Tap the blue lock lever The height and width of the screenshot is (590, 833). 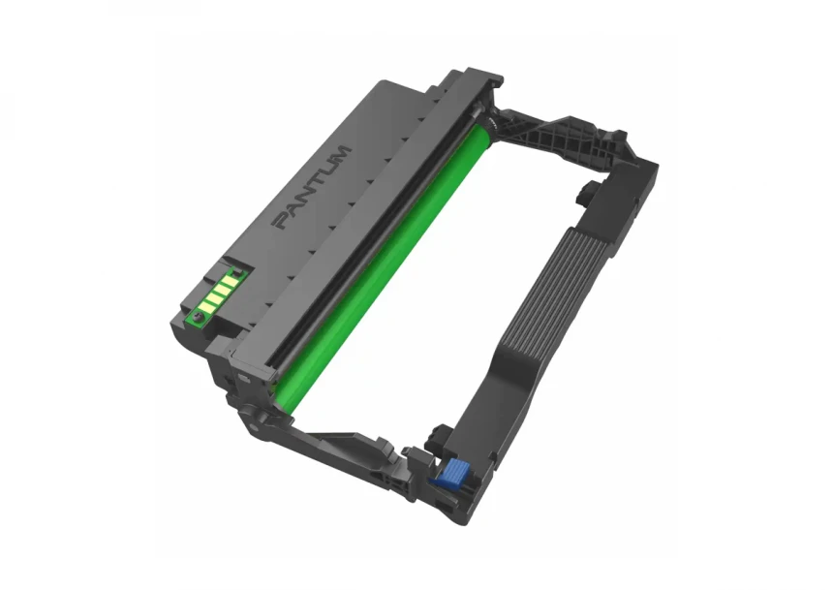(447, 473)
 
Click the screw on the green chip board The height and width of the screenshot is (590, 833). (199, 318)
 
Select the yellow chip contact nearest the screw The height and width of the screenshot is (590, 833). (206, 307)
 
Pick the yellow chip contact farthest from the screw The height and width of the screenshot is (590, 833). (229, 278)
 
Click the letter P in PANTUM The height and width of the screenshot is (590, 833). (281, 220)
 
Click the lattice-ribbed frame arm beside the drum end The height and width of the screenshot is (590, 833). (558, 140)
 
